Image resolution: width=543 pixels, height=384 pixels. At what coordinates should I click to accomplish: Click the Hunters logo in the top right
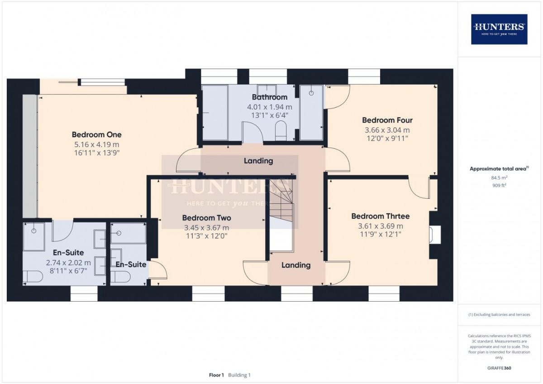click(x=499, y=29)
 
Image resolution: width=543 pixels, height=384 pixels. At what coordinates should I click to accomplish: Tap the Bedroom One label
click(x=96, y=134)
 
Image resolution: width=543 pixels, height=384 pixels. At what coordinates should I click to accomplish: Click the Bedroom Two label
click(x=206, y=218)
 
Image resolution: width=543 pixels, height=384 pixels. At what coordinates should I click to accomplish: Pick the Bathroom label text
click(x=269, y=97)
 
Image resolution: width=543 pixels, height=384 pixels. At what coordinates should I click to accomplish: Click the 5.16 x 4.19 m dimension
click(x=96, y=144)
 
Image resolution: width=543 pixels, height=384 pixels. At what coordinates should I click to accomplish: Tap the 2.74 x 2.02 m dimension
click(x=68, y=263)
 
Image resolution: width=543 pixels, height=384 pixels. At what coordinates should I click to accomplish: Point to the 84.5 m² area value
click(x=499, y=178)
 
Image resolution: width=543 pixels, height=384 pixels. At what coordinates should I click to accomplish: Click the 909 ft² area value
click(x=499, y=185)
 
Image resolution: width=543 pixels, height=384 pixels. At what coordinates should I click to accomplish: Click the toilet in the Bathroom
click(x=281, y=129)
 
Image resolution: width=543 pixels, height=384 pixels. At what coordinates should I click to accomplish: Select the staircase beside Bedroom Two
click(x=281, y=204)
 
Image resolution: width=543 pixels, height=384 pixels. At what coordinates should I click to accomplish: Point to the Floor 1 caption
click(x=216, y=375)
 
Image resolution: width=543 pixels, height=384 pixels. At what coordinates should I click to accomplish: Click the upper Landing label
click(x=258, y=161)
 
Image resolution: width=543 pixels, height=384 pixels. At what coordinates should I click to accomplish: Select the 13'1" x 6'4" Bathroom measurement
click(x=269, y=115)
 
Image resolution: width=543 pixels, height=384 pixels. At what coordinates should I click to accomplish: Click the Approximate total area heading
click(x=498, y=168)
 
